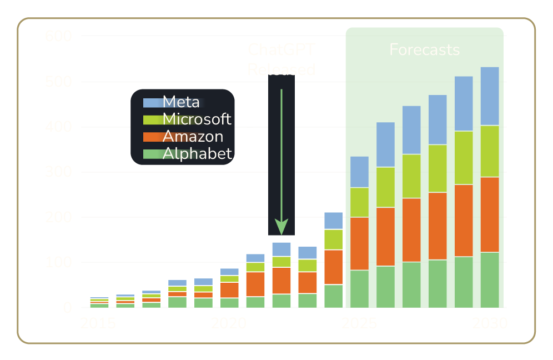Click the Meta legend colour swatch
(x=152, y=103)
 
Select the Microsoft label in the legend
(x=197, y=119)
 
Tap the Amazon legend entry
(x=193, y=136)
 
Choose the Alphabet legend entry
(x=197, y=153)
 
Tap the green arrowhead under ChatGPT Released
(x=281, y=227)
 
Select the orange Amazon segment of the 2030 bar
(x=490, y=214)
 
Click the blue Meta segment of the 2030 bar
(x=490, y=96)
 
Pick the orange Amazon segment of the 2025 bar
(x=360, y=243)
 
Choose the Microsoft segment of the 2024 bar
(x=333, y=239)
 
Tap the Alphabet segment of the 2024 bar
(x=333, y=296)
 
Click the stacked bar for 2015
(x=99, y=302)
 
